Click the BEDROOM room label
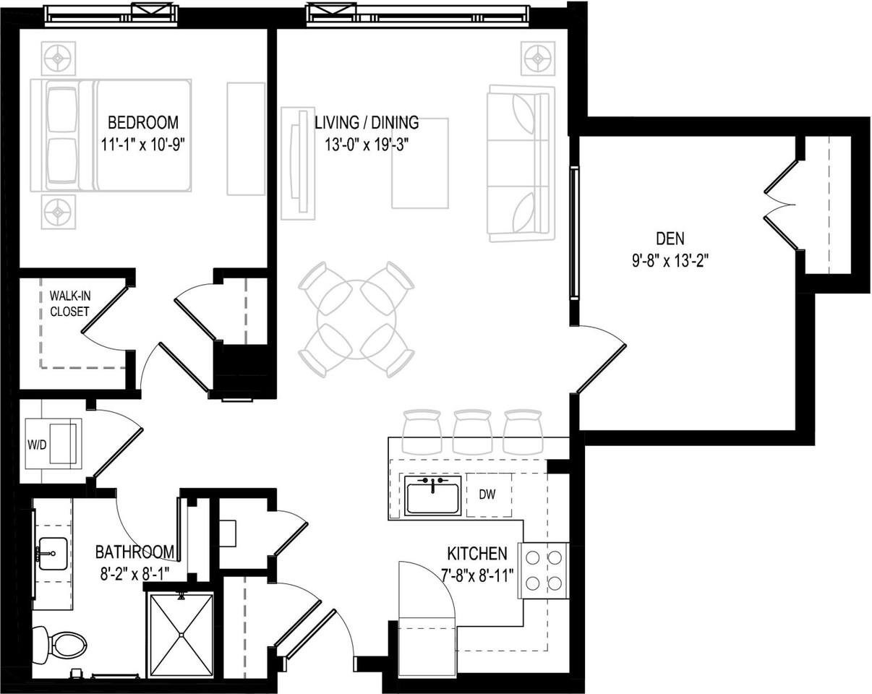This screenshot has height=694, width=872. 142,122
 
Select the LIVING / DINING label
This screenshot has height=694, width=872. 366,122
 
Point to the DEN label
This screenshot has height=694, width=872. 670,238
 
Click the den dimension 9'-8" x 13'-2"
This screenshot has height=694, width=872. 670,260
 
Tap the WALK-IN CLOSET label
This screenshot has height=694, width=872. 69,304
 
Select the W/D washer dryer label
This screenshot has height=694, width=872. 37,445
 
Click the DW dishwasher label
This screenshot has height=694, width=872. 487,495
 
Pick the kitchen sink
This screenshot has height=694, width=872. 432,496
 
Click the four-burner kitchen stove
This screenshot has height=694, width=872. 544,570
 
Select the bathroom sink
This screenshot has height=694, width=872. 52,554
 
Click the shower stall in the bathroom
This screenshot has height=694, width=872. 181,635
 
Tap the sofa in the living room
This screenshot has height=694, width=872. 521,163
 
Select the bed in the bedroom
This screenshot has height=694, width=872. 111,136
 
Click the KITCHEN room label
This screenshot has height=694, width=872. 477,554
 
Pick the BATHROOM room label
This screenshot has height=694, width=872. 135,552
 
